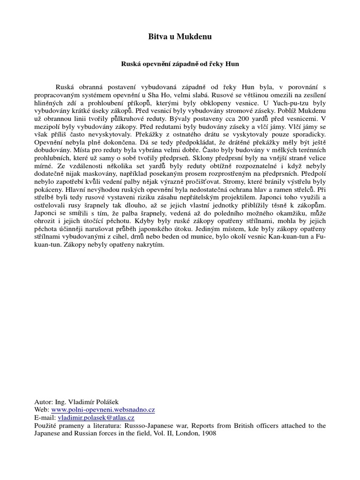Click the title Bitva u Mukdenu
(180, 37)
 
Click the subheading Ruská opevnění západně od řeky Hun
(180, 64)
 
